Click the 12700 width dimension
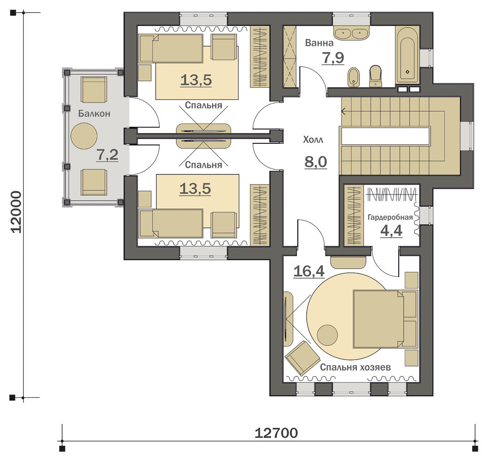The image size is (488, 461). coord(276,433)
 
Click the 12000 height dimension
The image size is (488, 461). coord(16,212)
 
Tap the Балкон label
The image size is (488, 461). coord(94,114)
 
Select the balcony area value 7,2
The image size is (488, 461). coord(107,155)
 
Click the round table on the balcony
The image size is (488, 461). coord(84,136)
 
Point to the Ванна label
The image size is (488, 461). coord(319,43)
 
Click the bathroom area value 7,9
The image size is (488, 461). coord(333,58)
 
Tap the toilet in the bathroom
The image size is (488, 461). coord(375,76)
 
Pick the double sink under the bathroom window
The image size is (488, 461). coord(351,33)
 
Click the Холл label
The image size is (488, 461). coord(313,140)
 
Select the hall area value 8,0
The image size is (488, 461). coord(315,162)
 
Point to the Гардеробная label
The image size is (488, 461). coord(390,217)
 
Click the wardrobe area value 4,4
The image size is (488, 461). coord(391,231)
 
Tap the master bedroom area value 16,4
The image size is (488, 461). coord(309,271)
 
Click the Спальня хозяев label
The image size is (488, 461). coord(355,367)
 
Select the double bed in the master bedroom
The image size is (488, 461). coord(385,319)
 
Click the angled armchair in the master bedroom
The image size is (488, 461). coord(302,358)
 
